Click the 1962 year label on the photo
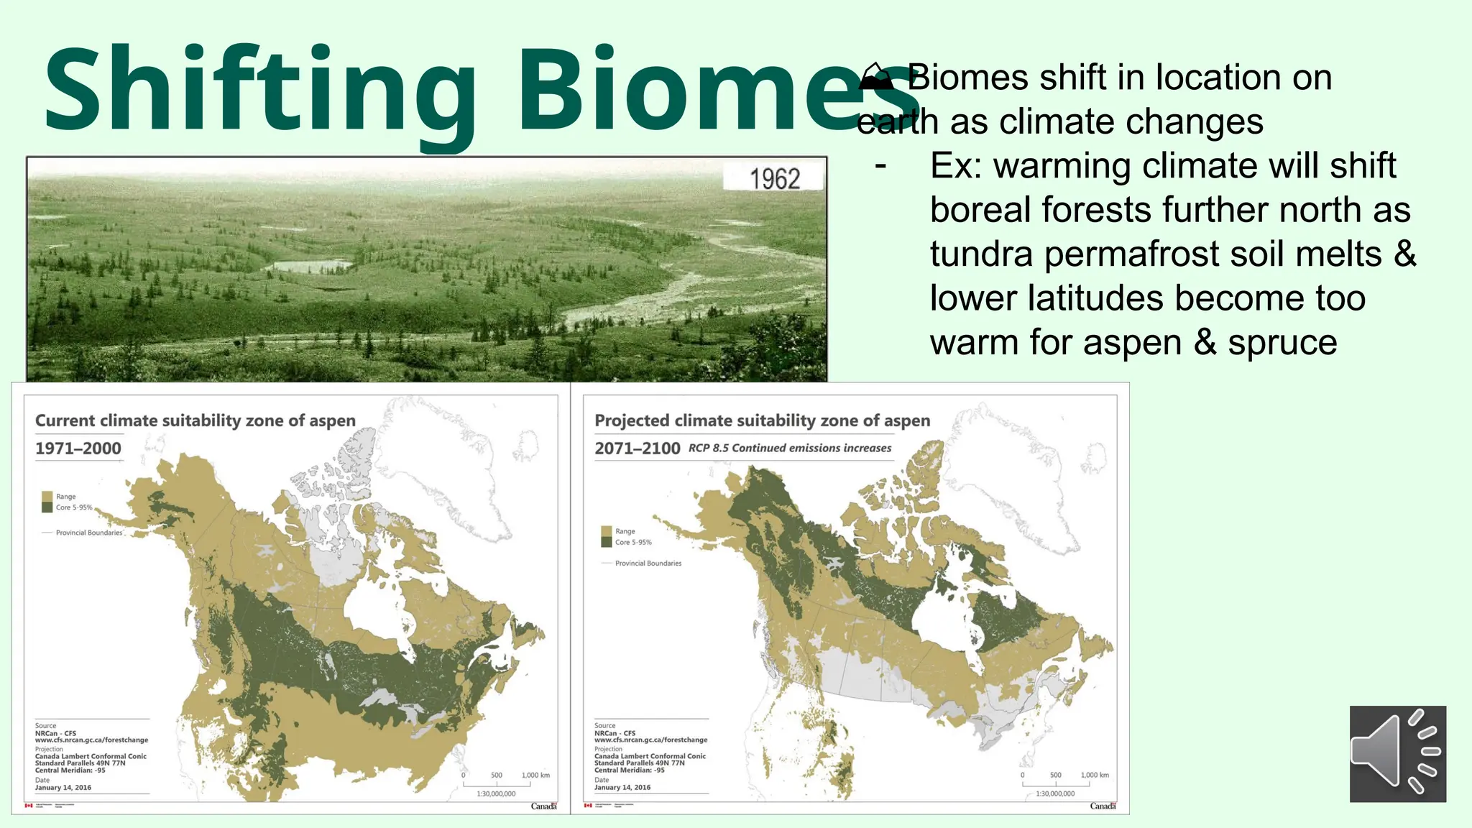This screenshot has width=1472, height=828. [x=774, y=178]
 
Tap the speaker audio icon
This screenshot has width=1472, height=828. [x=1397, y=753]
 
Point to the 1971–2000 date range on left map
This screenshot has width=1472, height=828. [x=78, y=448]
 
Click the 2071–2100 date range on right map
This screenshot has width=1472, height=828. [x=637, y=448]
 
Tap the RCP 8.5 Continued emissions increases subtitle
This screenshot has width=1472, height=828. [x=789, y=448]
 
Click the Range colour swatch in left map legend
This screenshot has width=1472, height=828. [x=47, y=497]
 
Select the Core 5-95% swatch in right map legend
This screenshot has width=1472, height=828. [x=606, y=542]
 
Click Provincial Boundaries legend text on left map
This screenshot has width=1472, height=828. [x=89, y=533]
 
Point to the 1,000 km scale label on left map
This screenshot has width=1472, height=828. [x=535, y=775]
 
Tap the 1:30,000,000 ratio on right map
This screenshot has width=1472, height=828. [x=1054, y=793]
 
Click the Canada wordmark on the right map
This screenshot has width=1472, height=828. [x=1103, y=806]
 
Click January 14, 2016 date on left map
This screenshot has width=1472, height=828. [x=63, y=788]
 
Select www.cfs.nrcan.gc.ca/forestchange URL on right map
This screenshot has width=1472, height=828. [x=650, y=740]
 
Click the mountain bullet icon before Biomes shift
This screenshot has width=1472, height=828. [x=875, y=77]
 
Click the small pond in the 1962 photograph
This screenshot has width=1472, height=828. [x=309, y=266]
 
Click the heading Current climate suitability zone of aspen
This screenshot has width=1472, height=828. [x=195, y=420]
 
